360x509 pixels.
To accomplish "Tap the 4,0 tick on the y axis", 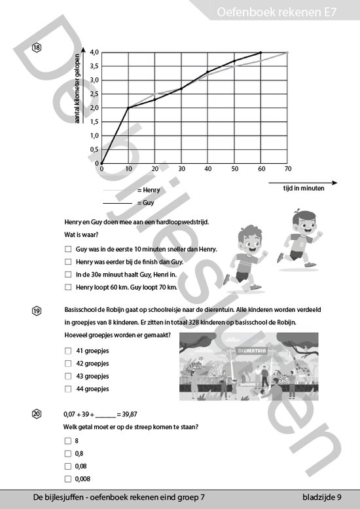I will coord(95,52).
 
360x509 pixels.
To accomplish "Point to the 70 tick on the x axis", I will coord(287,169).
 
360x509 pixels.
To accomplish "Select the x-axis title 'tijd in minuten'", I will coord(303,188).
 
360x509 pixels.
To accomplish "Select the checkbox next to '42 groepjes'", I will coord(68,363).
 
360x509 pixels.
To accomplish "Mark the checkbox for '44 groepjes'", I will coord(68,388).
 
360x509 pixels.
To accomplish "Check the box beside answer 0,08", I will coord(68,466).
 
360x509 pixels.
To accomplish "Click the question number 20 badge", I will coord(36,414).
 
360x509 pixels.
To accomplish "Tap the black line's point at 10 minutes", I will coord(128,107).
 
